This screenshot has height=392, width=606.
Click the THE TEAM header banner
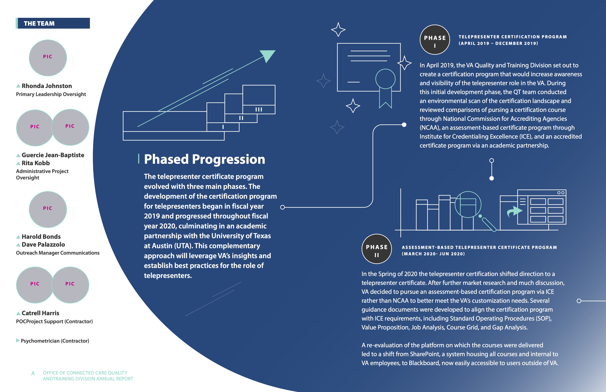(x=53, y=23)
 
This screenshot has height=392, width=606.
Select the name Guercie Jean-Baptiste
(x=53, y=155)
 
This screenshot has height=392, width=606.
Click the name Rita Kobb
(x=35, y=163)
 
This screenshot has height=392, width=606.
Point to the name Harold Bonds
(x=41, y=237)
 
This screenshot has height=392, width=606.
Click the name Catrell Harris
(x=40, y=313)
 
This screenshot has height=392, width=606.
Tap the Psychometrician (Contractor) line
(x=55, y=341)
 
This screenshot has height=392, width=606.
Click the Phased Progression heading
(x=204, y=159)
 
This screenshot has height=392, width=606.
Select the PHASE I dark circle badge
(x=435, y=40)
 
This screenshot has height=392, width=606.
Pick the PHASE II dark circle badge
(x=377, y=249)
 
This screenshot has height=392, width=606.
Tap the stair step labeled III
(x=259, y=109)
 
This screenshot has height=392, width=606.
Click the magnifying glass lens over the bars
(x=468, y=204)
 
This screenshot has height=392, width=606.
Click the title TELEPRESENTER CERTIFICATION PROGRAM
(x=513, y=37)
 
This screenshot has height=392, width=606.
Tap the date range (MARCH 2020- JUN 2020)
(x=433, y=254)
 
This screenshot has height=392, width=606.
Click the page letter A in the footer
(x=33, y=373)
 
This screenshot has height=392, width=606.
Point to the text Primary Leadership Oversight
(x=51, y=94)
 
